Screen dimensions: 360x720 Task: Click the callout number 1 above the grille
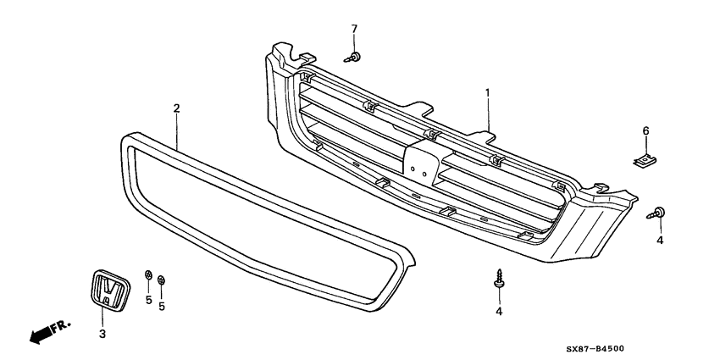tap(487, 91)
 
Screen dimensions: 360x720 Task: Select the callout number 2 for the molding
tap(176, 108)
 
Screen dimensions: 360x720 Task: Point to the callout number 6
tap(645, 130)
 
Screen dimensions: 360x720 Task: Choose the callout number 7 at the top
tap(354, 30)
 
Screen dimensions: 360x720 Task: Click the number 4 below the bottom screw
tap(499, 312)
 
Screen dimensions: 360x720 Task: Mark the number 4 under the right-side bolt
tap(660, 240)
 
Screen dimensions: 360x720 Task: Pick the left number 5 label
tap(147, 299)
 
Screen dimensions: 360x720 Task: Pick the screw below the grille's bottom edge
tap(498, 280)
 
